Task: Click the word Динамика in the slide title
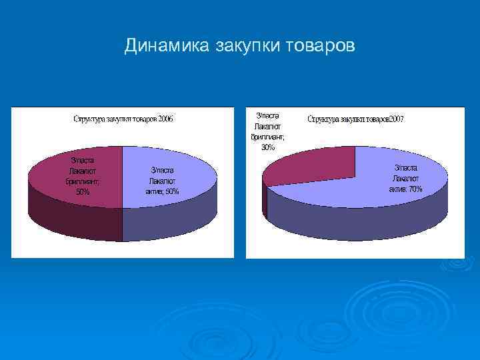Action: tap(167, 46)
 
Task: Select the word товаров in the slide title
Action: tap(320, 46)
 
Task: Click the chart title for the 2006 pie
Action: tap(123, 119)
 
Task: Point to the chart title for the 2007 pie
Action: tap(355, 119)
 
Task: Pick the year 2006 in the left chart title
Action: tap(165, 119)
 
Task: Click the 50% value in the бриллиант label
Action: tap(83, 192)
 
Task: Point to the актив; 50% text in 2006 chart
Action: tap(163, 191)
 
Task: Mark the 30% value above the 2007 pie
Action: tap(267, 147)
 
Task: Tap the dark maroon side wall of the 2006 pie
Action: tap(73, 220)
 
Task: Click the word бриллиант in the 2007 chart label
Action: tap(267, 137)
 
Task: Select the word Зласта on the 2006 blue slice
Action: tap(163, 170)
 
